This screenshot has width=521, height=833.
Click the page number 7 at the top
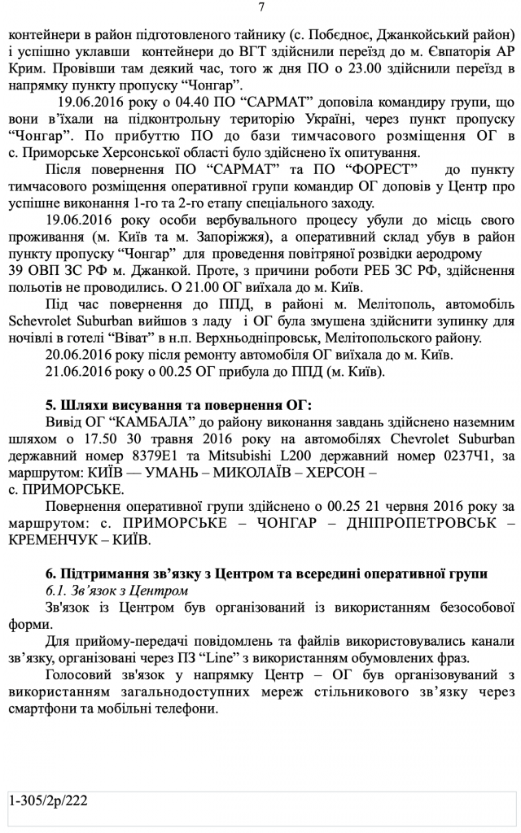tap(260, 8)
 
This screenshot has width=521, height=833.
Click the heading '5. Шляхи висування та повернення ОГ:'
tap(160, 406)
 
